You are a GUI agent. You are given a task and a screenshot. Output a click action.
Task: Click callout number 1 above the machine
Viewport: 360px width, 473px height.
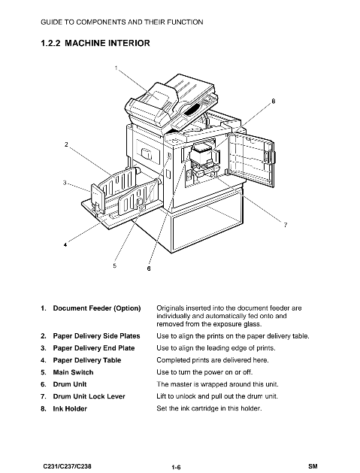point(116,68)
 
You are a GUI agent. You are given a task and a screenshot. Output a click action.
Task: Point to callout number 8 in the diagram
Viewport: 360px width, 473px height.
point(274,101)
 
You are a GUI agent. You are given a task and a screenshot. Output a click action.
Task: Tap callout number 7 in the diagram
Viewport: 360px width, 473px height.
point(286,225)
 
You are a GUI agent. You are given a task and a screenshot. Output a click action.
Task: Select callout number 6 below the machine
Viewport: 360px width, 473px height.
point(149,268)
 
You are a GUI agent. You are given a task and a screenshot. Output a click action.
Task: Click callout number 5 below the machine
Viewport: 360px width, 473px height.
point(114,265)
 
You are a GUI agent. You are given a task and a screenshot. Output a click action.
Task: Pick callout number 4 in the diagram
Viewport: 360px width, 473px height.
point(65,244)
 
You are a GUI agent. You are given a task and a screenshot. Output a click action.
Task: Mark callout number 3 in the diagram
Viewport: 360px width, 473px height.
point(65,183)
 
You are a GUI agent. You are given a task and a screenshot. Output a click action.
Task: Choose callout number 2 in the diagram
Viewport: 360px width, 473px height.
point(66,144)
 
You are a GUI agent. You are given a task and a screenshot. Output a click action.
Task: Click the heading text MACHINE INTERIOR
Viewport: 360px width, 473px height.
point(107,43)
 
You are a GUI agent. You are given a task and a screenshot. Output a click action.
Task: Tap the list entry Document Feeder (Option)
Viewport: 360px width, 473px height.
point(97,308)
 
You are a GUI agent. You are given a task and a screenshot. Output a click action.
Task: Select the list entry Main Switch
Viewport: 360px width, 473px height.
point(73,372)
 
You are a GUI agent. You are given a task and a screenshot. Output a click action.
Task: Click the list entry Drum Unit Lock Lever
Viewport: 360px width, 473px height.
point(89,396)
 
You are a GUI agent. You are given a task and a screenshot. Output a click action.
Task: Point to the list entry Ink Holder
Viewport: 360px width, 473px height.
point(70,409)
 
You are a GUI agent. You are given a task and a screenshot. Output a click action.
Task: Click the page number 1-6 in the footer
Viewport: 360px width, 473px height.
point(176,467)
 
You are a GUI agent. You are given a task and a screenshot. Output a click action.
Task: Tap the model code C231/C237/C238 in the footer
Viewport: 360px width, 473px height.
point(67,466)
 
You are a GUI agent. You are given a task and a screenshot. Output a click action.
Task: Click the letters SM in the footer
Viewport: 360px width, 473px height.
point(313,466)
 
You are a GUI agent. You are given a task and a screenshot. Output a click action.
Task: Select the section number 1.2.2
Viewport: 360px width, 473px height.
point(50,43)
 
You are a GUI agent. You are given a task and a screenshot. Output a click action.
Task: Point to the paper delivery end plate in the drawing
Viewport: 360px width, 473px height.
point(98,197)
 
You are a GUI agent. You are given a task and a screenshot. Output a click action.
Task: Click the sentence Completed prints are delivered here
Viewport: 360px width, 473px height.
point(213,360)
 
